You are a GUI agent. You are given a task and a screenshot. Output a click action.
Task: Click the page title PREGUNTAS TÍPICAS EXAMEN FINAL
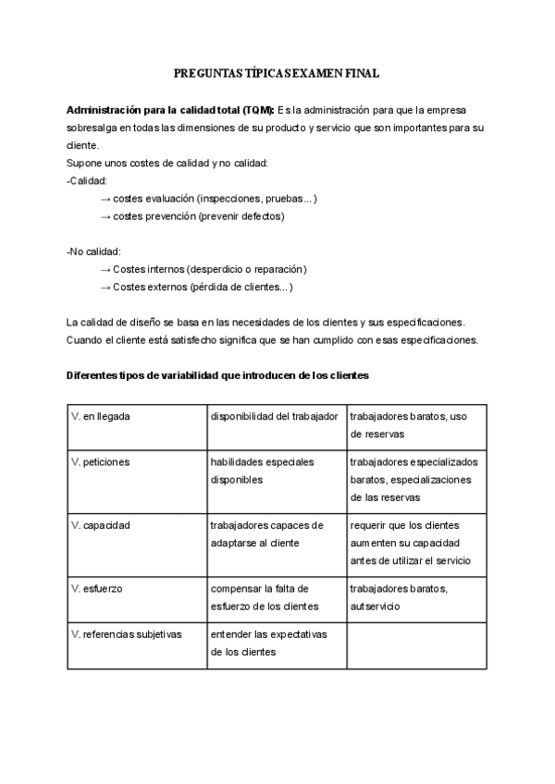[x=277, y=72]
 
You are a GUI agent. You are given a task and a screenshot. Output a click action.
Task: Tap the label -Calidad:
[x=87, y=181]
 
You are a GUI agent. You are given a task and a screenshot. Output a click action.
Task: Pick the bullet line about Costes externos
[x=196, y=287]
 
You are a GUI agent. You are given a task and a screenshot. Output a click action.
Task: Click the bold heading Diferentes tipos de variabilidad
[x=217, y=374]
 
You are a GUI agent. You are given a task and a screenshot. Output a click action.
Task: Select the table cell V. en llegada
[x=137, y=426]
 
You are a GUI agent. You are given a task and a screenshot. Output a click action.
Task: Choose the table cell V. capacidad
[x=137, y=544]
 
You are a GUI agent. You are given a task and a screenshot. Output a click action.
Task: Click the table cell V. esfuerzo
[x=137, y=597]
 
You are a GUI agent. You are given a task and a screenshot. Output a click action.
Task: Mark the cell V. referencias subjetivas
[x=137, y=643]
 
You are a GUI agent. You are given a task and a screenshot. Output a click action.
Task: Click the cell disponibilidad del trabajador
[x=277, y=426]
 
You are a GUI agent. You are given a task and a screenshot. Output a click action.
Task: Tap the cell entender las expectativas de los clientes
[x=277, y=643]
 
